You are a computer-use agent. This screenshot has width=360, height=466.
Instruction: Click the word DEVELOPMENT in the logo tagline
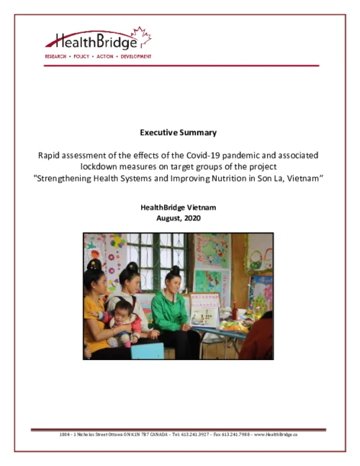tap(135, 55)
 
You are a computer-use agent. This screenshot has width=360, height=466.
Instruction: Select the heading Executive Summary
tap(179, 133)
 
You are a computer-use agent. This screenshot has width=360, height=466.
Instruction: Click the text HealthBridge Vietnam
tap(179, 207)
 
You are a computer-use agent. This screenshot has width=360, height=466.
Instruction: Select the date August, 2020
tap(179, 218)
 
